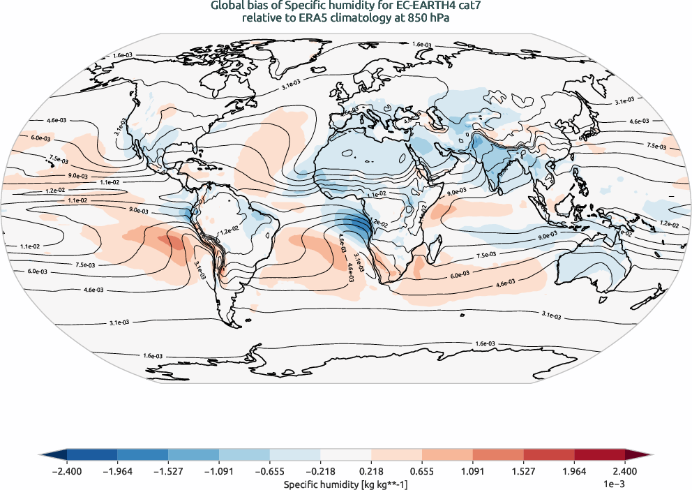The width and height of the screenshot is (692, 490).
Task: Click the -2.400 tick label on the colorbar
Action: (x=67, y=472)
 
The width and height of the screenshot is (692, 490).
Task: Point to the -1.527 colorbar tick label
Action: (x=168, y=472)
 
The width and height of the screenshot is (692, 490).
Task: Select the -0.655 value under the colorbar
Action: (x=269, y=472)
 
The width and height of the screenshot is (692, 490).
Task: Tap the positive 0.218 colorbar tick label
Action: (x=372, y=472)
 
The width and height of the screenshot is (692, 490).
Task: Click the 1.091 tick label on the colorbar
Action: (x=473, y=472)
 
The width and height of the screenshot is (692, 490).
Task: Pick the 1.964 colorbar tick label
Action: (x=574, y=472)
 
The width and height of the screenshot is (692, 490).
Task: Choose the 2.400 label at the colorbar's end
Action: (x=625, y=472)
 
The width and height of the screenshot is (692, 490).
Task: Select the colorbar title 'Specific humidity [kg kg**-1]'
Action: (x=345, y=483)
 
